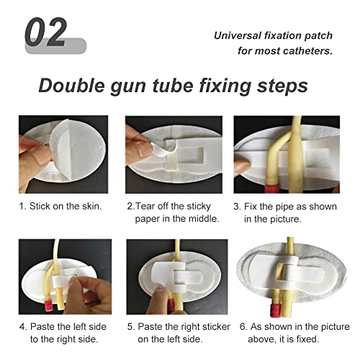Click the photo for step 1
tap(63, 155)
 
